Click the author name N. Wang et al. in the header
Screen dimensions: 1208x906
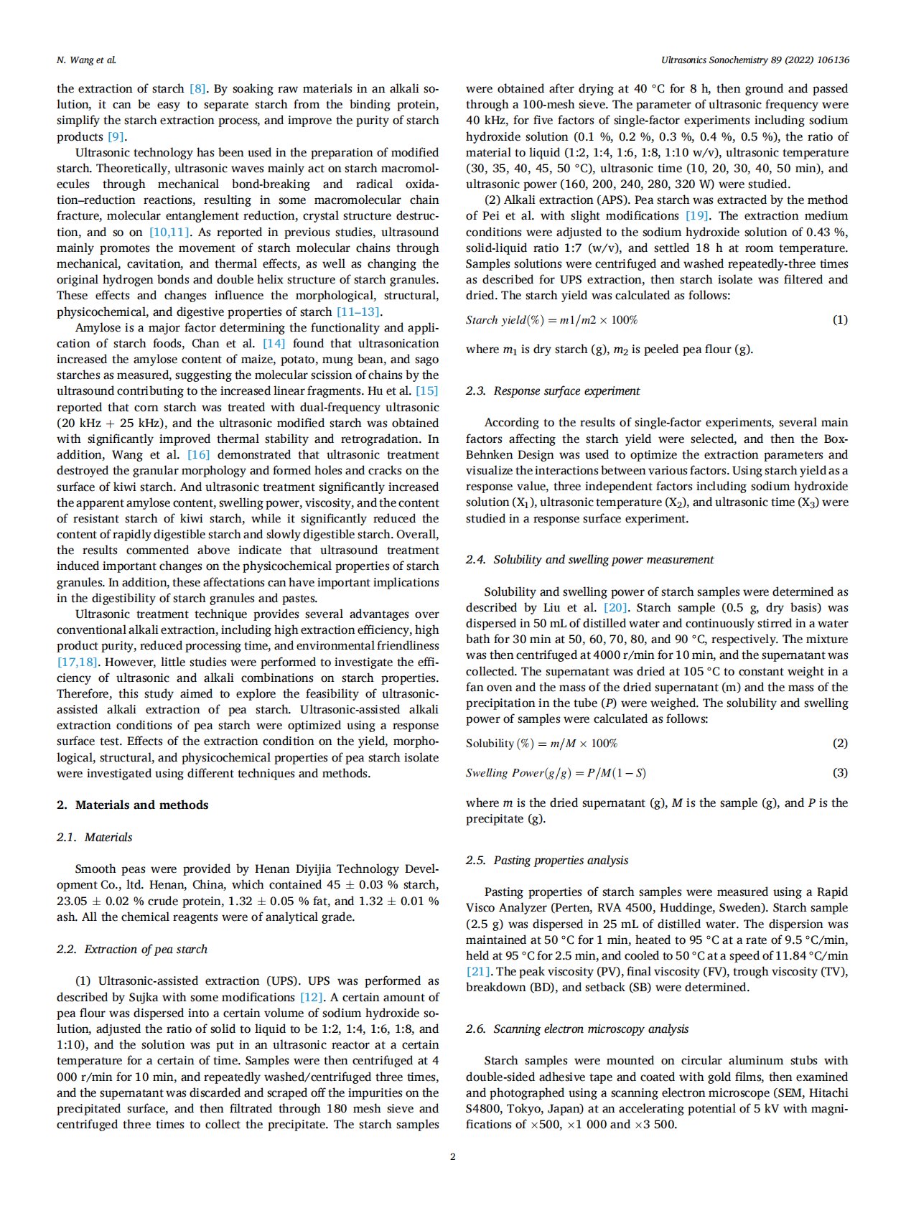pyautogui.click(x=86, y=60)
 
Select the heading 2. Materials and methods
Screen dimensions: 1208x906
pyautogui.click(x=133, y=805)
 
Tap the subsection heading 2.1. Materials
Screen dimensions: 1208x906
pyautogui.click(x=95, y=837)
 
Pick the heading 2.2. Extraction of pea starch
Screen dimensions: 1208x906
pyautogui.click(x=132, y=949)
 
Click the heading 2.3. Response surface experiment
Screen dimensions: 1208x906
pyautogui.click(x=553, y=390)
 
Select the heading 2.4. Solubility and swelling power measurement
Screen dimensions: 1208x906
pyautogui.click(x=589, y=559)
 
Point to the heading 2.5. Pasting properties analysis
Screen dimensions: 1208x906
pyautogui.click(x=547, y=860)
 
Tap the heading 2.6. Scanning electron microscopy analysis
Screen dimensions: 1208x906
pyautogui.click(x=577, y=1029)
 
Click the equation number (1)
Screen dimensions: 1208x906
pyautogui.click(x=839, y=320)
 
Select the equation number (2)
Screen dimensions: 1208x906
pyautogui.click(x=839, y=744)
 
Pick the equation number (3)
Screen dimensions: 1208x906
pyautogui.click(x=839, y=773)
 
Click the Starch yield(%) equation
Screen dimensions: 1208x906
pyautogui.click(x=551, y=320)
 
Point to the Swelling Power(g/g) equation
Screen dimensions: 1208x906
pyautogui.click(x=556, y=773)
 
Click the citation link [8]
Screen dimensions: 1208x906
pyautogui.click(x=197, y=89)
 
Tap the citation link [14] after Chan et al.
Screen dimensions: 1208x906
pyautogui.click(x=274, y=344)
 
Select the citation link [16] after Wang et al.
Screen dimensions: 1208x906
pyautogui.click(x=198, y=455)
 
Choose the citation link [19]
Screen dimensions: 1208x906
pyautogui.click(x=696, y=216)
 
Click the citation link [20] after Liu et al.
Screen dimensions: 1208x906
pyautogui.click(x=615, y=608)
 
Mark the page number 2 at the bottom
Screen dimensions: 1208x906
pyautogui.click(x=452, y=1156)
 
